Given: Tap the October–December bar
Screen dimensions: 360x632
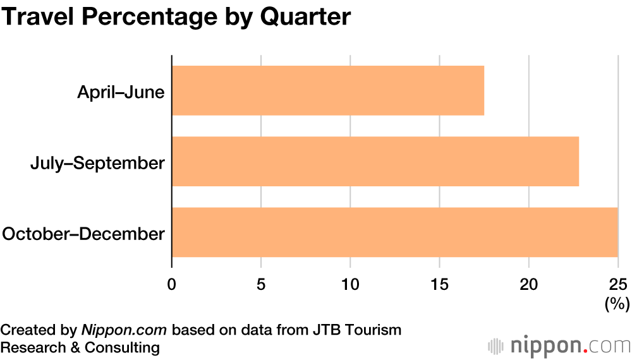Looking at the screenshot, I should [x=394, y=232].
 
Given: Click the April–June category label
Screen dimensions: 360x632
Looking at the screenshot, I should [x=121, y=92].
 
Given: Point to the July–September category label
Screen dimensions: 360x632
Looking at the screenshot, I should [x=97, y=163].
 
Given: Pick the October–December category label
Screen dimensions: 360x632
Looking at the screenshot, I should [x=83, y=234].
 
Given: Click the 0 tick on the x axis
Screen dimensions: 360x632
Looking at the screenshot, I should [x=172, y=284].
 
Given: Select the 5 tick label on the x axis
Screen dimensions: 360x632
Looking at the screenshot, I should [x=261, y=284].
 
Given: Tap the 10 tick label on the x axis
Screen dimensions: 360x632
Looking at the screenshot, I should [x=350, y=284].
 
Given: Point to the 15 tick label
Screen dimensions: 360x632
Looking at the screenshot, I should [x=440, y=284].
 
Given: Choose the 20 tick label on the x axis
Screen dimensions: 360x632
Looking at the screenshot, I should [x=529, y=284].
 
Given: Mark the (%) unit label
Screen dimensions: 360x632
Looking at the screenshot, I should [x=617, y=304].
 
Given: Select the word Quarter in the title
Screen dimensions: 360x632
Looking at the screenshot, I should [x=305, y=17].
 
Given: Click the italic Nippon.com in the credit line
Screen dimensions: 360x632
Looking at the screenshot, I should [x=124, y=330].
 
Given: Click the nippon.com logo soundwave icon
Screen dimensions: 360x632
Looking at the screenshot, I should [x=496, y=346].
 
